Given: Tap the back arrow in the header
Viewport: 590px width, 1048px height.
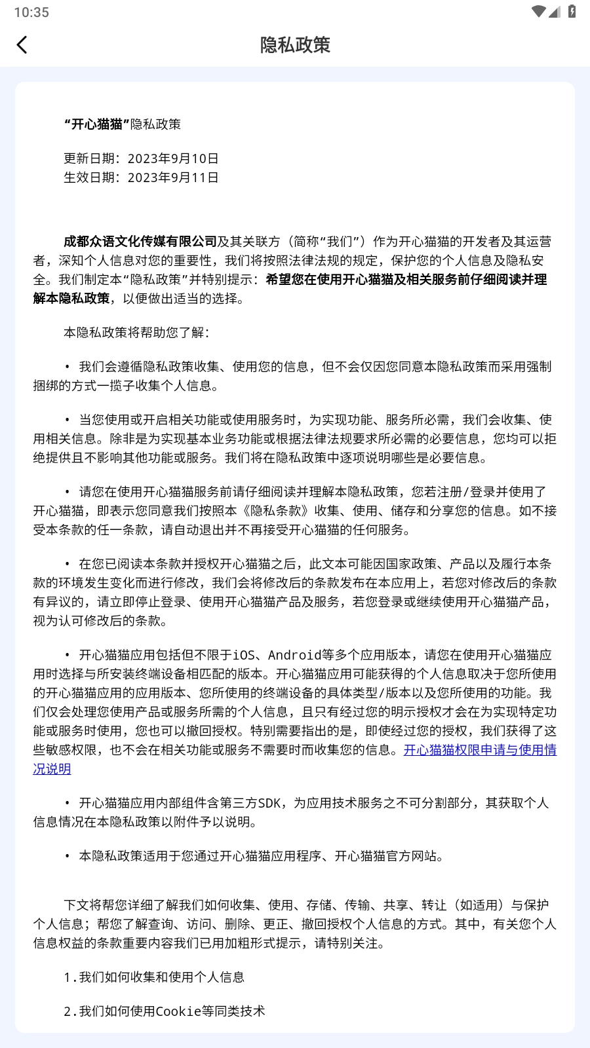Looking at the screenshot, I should (22, 45).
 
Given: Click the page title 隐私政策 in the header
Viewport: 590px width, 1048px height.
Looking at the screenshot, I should (295, 45).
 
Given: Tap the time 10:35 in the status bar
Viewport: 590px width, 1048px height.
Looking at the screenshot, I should (31, 12).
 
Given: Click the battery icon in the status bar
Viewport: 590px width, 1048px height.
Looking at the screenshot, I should (572, 11).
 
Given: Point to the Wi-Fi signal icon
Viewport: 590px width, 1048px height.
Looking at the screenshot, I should (538, 11).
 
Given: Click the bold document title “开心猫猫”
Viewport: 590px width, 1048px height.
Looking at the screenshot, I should (96, 124).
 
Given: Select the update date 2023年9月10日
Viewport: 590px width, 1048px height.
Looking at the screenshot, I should (173, 159).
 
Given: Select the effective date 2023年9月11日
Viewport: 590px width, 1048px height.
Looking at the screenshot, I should (173, 178).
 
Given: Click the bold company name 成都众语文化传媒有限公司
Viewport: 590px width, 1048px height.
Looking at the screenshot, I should (140, 242).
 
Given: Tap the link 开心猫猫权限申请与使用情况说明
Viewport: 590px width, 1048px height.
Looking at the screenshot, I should (480, 750).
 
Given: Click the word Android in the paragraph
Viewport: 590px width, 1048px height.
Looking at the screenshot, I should (294, 655).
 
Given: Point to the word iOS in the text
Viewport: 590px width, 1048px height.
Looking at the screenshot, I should (244, 655).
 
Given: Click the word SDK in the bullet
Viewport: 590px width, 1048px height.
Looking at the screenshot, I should (269, 803).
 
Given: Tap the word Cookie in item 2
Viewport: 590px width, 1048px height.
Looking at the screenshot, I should (178, 1011).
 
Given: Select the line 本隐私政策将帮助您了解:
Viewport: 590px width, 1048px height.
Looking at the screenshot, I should (136, 333).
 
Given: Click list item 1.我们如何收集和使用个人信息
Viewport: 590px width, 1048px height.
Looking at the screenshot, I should (154, 977).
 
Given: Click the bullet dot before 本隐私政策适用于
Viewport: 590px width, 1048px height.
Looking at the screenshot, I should (67, 856).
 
